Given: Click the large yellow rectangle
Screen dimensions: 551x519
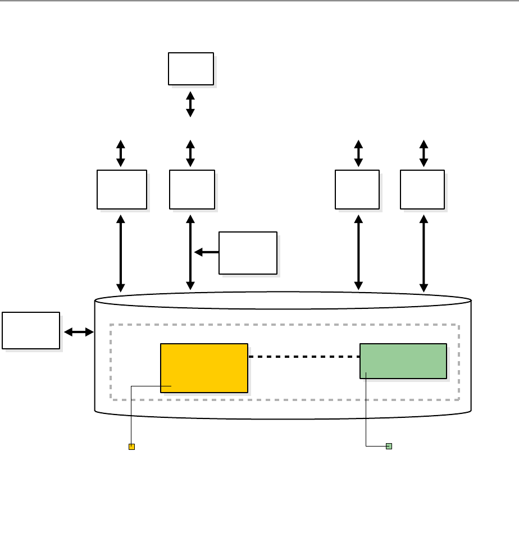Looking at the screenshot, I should (x=204, y=367).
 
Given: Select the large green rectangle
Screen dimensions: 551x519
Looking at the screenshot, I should (x=403, y=361).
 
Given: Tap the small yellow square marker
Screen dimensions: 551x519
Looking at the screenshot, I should (x=131, y=447).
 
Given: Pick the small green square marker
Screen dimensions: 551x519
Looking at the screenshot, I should (x=389, y=446).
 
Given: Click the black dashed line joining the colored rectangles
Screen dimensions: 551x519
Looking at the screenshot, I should (x=303, y=356).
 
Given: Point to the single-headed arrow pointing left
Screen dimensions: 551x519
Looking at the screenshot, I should (x=207, y=252).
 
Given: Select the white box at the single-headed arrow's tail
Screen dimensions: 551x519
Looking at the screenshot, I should (x=248, y=253).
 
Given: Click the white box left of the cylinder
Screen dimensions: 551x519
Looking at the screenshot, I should (x=31, y=330).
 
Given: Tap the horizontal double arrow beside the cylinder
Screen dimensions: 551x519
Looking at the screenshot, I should (x=79, y=332).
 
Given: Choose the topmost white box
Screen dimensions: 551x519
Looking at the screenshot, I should (x=191, y=69).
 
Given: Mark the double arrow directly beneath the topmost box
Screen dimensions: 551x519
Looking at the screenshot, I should (x=190, y=104).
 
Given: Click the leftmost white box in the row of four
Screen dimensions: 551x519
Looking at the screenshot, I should (x=122, y=189).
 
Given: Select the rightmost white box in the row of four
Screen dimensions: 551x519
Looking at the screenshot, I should (x=422, y=189).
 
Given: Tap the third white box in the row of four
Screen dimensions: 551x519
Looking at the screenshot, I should (x=357, y=189).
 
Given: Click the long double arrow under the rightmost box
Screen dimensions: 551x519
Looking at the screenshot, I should (x=424, y=253).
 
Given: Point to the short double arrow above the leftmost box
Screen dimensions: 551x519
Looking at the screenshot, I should (x=121, y=154).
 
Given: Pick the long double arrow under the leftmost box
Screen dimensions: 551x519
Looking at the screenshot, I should (x=121, y=253).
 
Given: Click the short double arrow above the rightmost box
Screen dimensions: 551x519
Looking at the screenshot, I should (x=424, y=154).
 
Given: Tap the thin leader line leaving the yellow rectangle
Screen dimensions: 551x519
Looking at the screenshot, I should (x=131, y=416).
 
